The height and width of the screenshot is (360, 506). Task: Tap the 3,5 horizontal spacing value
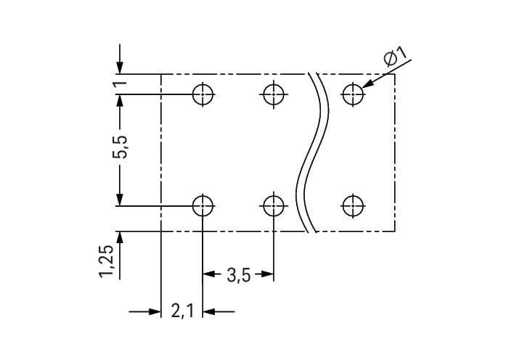238,275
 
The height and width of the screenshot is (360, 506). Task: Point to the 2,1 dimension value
181,312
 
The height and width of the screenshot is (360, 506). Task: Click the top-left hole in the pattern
203,94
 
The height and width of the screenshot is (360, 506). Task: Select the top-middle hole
273,94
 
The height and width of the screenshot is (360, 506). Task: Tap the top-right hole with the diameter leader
353,94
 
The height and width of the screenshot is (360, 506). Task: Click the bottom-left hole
203,205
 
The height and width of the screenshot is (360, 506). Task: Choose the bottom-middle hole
273,205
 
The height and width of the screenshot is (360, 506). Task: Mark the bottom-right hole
353,205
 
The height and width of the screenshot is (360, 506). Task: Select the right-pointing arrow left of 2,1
153,312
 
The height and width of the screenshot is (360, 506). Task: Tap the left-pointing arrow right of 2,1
210,312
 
